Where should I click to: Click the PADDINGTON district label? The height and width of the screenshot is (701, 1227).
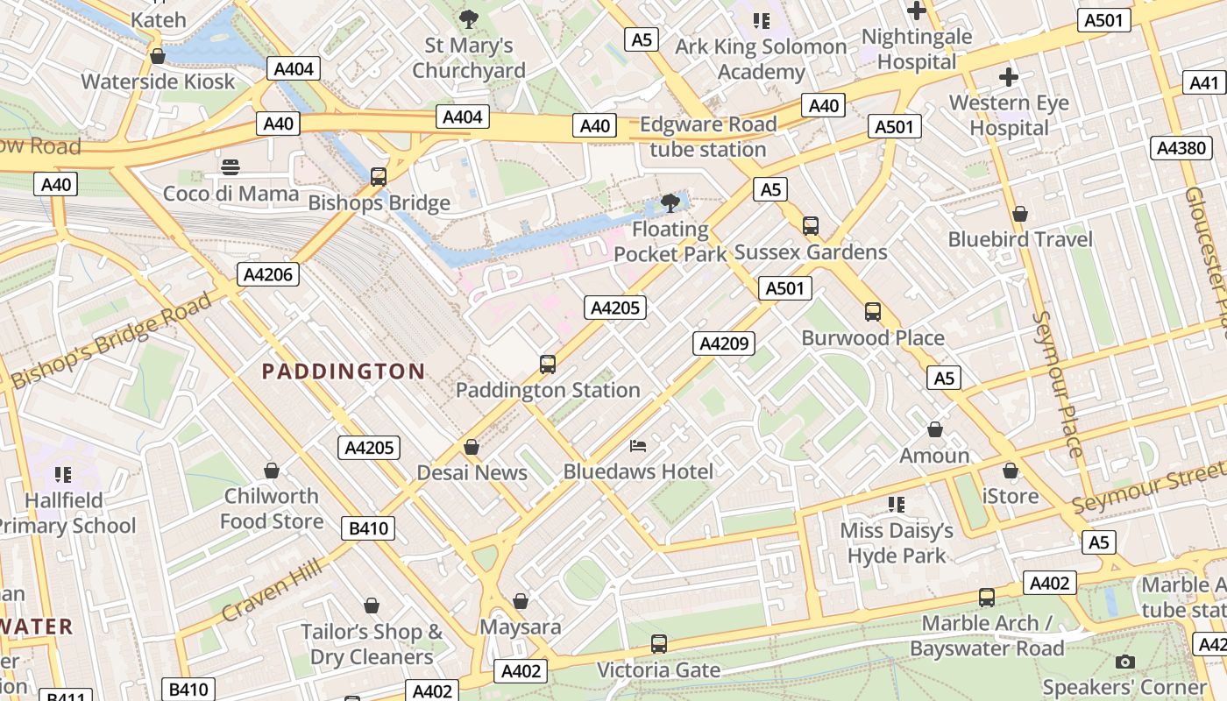click(x=344, y=372)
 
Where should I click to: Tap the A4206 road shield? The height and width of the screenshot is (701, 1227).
click(x=269, y=274)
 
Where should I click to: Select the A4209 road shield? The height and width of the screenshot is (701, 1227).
click(x=724, y=343)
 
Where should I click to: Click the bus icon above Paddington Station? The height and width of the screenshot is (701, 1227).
click(x=548, y=365)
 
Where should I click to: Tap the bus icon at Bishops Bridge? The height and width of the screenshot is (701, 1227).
click(x=379, y=177)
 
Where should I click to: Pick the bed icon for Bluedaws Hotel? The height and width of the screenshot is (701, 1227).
click(x=639, y=446)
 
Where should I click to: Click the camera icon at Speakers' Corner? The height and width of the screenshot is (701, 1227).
click(x=1125, y=662)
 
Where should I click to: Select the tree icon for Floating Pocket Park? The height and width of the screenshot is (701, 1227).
click(x=670, y=204)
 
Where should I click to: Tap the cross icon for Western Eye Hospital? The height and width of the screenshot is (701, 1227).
click(x=1009, y=77)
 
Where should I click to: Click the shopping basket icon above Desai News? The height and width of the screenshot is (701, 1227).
click(x=472, y=448)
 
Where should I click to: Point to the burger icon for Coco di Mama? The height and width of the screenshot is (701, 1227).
click(x=231, y=167)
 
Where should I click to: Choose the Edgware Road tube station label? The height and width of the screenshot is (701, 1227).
click(x=708, y=137)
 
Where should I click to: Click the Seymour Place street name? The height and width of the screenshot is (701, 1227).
click(x=1060, y=384)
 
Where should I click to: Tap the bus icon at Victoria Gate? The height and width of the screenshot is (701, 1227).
click(x=659, y=644)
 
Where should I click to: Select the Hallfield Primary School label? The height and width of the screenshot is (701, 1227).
click(x=65, y=513)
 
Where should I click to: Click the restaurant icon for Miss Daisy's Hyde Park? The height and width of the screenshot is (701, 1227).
click(x=897, y=504)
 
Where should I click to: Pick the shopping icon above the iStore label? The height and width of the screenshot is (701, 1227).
click(x=1011, y=471)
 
